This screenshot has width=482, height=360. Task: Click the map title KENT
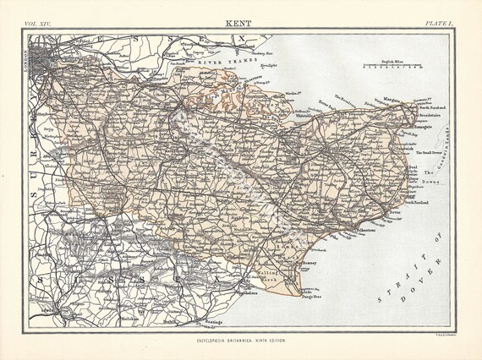click(240, 26)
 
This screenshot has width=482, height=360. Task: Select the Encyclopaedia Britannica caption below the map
click(241, 338)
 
